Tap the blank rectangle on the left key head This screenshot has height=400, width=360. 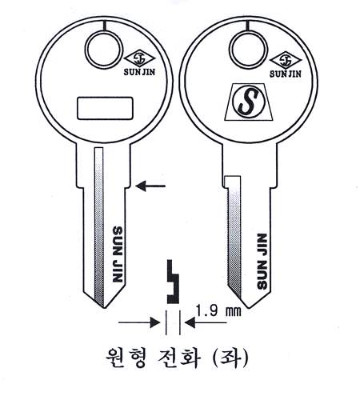(105, 108)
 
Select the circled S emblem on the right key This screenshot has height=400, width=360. (249, 102)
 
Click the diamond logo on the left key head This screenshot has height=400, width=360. (139, 59)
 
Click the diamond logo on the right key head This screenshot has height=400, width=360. (286, 60)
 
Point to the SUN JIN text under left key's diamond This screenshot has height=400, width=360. (139, 72)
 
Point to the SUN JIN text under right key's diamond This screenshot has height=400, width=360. (285, 74)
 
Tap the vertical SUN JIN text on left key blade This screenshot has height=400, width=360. (118, 254)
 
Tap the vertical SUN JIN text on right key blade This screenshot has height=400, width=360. (262, 262)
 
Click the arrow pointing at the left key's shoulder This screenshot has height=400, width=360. (150, 186)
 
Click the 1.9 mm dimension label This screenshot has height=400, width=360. (218, 310)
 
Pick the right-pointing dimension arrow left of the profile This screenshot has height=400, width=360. (139, 322)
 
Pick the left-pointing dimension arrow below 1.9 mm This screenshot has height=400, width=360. (206, 322)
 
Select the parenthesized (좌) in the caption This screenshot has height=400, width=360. (230, 358)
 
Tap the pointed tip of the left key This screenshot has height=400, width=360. (104, 307)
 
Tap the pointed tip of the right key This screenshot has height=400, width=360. (249, 307)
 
